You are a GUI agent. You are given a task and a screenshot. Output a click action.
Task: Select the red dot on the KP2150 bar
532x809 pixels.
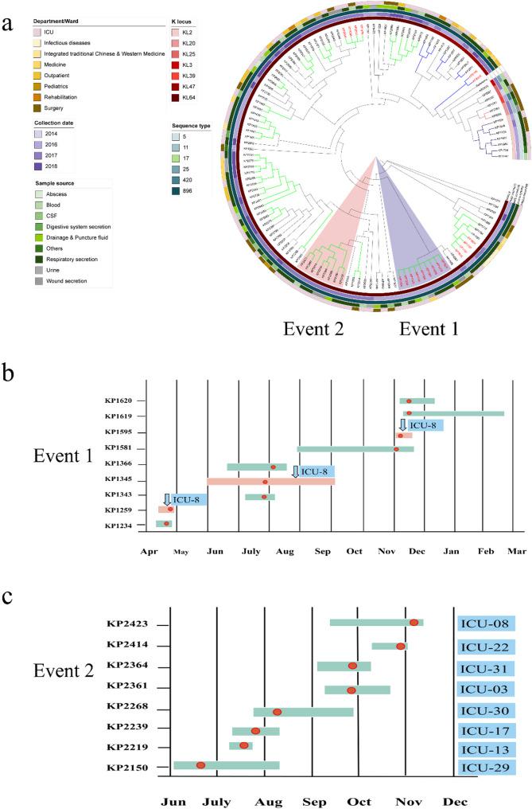201,765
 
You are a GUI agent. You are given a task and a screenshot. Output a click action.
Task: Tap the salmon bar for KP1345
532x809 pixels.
270,482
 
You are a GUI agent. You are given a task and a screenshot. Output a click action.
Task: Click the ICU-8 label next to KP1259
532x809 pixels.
186,499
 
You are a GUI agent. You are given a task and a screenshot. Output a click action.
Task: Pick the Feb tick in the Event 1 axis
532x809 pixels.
484,549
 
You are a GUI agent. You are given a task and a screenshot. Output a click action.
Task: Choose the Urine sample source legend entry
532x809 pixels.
39,270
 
